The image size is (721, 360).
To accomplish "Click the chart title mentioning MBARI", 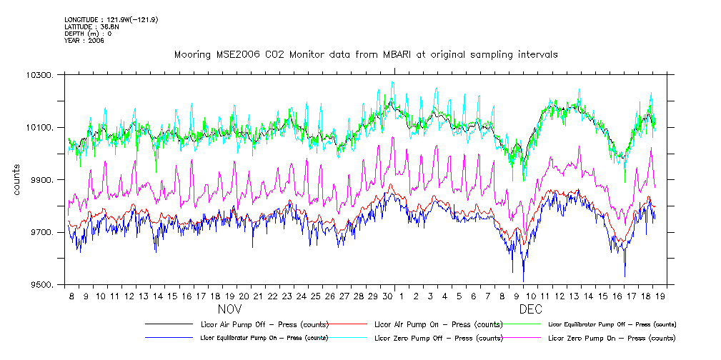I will click(x=366, y=54).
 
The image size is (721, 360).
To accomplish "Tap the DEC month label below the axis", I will click(x=530, y=309).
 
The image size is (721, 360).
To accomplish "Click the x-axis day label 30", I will click(x=387, y=296).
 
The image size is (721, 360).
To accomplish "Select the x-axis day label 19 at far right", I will click(x=661, y=296).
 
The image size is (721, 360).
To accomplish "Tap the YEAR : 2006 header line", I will click(x=84, y=41).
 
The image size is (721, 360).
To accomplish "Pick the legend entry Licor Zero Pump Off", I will click(x=436, y=338).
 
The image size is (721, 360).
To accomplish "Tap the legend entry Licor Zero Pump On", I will click(x=611, y=338).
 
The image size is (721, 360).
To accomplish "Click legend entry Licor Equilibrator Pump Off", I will click(x=611, y=324).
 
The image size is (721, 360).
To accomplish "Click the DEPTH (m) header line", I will click(x=88, y=34).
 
